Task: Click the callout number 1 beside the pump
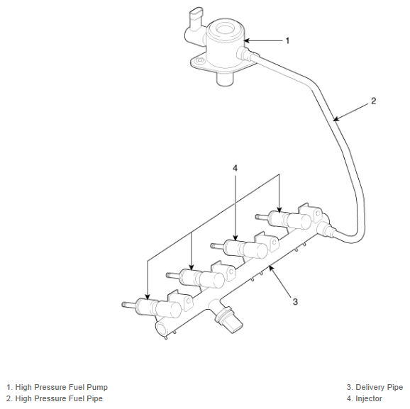[x=287, y=41]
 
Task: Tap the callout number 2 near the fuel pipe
[x=374, y=101]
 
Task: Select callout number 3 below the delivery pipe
[x=295, y=301]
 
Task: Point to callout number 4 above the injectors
[x=235, y=168]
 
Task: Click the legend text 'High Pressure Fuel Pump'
[x=62, y=387]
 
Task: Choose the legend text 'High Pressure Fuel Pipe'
[x=59, y=398]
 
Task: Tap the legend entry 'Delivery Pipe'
[x=379, y=387]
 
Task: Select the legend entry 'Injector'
[x=369, y=398]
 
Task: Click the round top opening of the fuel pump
[x=226, y=28]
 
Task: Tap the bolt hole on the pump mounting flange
[x=200, y=61]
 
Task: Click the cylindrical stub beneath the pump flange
[x=225, y=79]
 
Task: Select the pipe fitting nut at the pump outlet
[x=244, y=54]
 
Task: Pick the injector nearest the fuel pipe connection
[x=284, y=220]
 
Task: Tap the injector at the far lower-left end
[x=152, y=308]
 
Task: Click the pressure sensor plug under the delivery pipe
[x=228, y=320]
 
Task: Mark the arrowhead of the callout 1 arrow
[x=247, y=40]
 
